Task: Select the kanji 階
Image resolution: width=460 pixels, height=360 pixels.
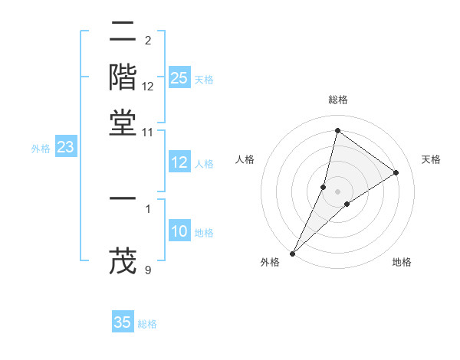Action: (123, 77)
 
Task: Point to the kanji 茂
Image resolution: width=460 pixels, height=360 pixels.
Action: (123, 261)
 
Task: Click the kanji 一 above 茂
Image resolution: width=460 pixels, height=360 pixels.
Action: (123, 198)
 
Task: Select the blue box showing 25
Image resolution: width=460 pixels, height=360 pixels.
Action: (179, 78)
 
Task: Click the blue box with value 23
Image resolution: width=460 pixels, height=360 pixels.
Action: (65, 147)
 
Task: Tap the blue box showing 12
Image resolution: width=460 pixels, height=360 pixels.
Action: (179, 162)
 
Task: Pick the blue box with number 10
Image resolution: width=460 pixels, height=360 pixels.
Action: (179, 231)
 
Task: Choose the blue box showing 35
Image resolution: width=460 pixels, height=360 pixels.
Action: (123, 322)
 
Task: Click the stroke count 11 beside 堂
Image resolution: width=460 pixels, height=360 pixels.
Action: (148, 133)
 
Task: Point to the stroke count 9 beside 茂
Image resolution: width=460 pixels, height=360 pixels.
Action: (148, 270)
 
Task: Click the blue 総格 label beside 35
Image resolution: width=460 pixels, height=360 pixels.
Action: (147, 324)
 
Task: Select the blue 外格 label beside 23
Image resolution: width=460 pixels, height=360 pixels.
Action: (41, 149)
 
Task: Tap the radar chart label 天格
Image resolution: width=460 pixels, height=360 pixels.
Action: (431, 159)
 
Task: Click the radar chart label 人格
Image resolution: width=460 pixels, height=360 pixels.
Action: (245, 159)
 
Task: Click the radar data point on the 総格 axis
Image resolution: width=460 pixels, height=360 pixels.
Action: (337, 130)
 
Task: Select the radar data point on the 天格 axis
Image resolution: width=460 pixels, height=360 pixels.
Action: (396, 172)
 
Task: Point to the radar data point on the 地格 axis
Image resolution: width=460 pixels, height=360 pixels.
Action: (347, 204)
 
